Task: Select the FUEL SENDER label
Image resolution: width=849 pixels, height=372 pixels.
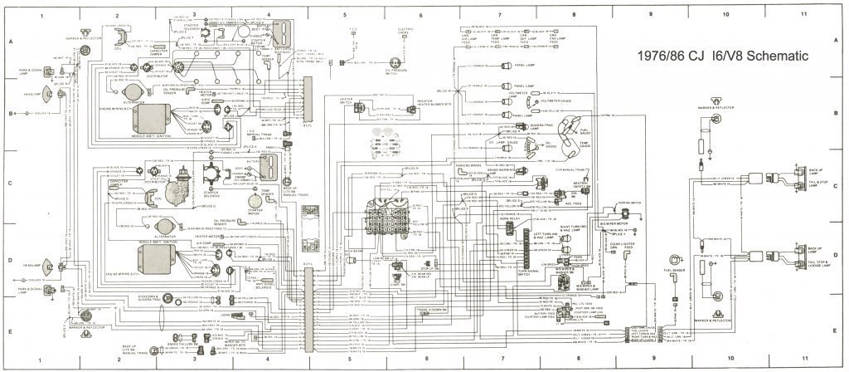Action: tap(674, 271)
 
